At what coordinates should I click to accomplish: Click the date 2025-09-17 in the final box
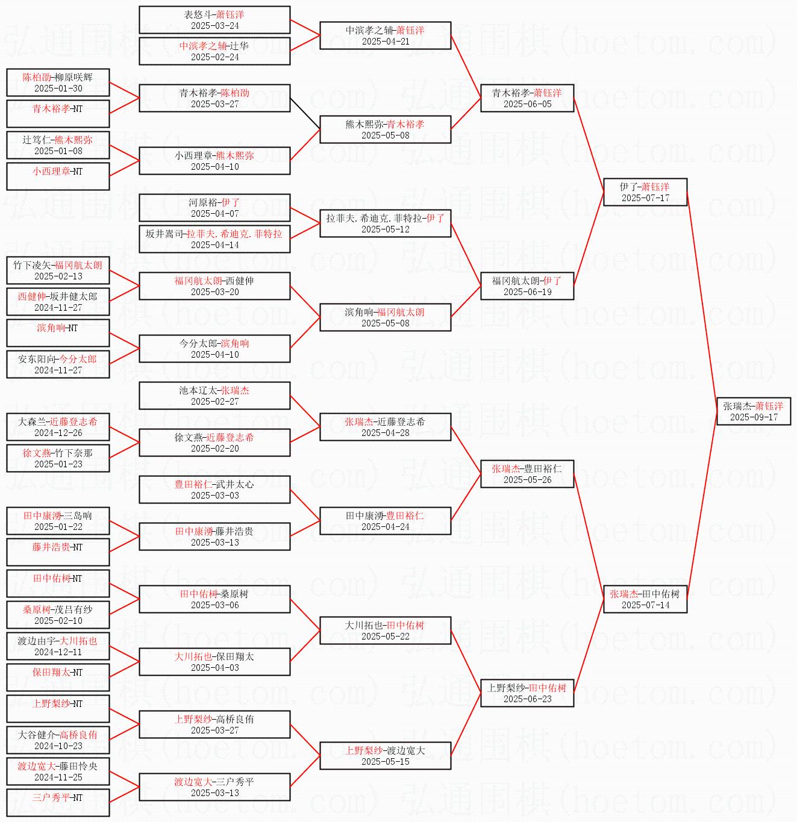point(754,417)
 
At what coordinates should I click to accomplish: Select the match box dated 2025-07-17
point(645,192)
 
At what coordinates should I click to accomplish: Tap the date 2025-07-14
point(645,605)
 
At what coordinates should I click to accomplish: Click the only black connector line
point(305,114)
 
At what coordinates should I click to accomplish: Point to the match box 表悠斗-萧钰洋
point(214,20)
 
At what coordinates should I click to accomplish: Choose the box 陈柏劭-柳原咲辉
point(58,83)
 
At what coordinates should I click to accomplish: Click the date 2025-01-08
point(58,151)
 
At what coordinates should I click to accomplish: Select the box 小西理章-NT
point(58,176)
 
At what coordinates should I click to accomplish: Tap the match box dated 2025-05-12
point(386,223)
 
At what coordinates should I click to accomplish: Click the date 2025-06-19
point(527,292)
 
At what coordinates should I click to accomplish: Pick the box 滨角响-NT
point(58,333)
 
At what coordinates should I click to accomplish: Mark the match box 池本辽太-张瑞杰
point(214,396)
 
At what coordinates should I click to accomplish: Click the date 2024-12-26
point(58,432)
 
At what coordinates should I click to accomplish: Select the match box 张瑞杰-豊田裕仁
point(527,474)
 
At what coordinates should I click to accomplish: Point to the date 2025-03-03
point(214,495)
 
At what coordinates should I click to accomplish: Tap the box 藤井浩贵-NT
point(58,552)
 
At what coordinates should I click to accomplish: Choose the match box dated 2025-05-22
point(386,631)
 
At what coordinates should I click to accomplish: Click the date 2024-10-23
point(58,746)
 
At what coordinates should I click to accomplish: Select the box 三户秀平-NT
point(58,803)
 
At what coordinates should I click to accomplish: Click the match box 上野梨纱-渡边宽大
point(386,756)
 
